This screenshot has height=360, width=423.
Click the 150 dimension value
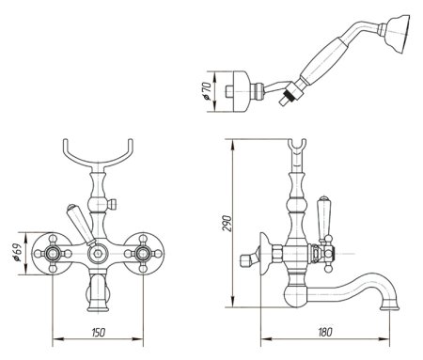(99, 332)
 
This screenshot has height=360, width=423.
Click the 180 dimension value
(324, 332)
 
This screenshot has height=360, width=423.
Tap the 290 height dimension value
(227, 223)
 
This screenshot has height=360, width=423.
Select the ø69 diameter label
(17, 253)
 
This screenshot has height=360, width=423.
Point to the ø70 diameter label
(206, 91)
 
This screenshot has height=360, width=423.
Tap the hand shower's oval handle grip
(321, 61)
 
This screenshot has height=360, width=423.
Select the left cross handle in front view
(53, 253)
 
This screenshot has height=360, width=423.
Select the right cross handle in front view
(143, 253)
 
